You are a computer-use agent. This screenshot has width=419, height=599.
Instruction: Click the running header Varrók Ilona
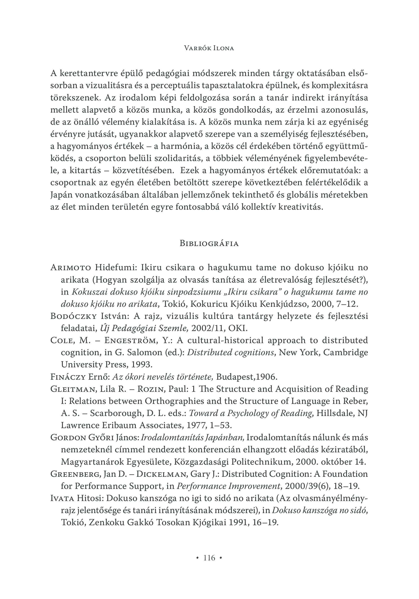[x=209, y=48]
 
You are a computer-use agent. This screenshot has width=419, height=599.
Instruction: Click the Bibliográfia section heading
[x=209, y=243]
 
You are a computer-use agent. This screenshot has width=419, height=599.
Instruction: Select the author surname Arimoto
[x=71, y=268]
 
